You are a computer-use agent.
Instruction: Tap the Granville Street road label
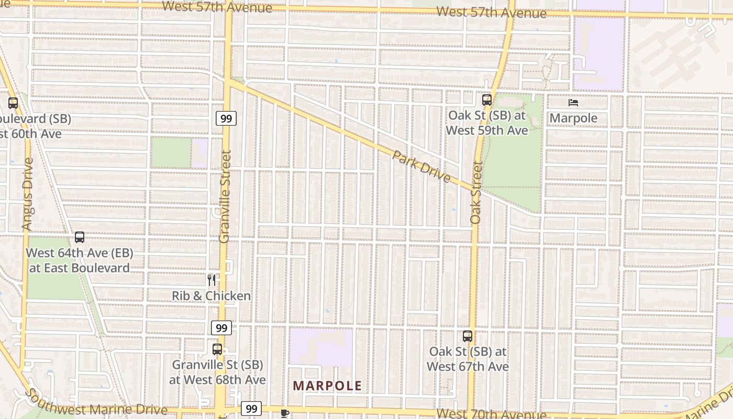[x=225, y=196]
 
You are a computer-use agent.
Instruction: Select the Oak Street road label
[x=475, y=192]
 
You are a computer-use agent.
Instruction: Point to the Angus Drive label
[x=27, y=194]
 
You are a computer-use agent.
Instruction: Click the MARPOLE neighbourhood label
[x=327, y=386]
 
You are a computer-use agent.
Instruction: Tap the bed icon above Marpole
[x=573, y=103]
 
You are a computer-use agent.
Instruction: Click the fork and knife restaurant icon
[x=211, y=280]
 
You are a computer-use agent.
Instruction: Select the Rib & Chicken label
[x=211, y=296]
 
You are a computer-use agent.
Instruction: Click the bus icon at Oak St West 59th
[x=487, y=100]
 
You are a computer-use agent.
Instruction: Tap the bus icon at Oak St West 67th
[x=468, y=336]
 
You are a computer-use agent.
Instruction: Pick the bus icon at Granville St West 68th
[x=217, y=349]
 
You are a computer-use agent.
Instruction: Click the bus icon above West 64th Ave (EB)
[x=80, y=237]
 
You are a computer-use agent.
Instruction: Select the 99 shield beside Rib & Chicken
[x=221, y=328]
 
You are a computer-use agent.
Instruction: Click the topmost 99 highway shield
[x=226, y=118]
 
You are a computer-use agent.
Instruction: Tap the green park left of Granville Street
[x=171, y=152]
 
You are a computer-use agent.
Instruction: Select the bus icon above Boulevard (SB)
[x=13, y=103]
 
